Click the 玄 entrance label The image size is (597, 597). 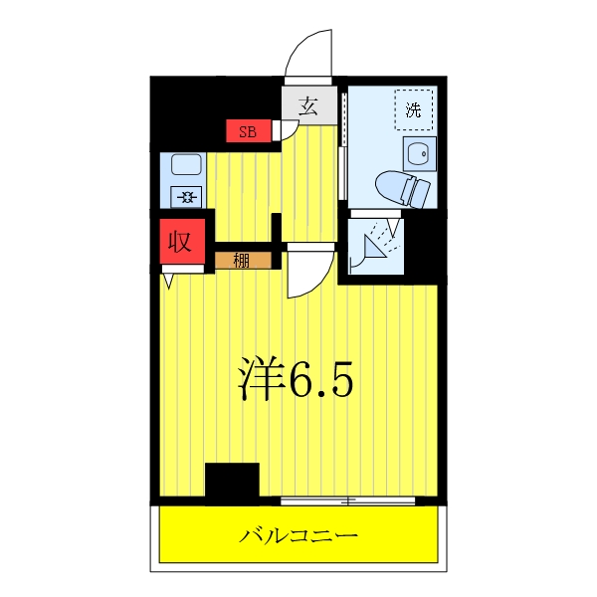(308, 106)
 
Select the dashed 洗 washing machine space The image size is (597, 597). (414, 109)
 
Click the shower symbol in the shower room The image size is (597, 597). (378, 242)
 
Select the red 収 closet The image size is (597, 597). (179, 241)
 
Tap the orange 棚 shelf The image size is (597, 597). (243, 261)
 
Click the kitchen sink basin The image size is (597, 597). (186, 165)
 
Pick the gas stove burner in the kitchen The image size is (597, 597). (186, 196)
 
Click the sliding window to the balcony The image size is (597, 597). (347, 498)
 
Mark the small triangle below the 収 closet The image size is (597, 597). (169, 282)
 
